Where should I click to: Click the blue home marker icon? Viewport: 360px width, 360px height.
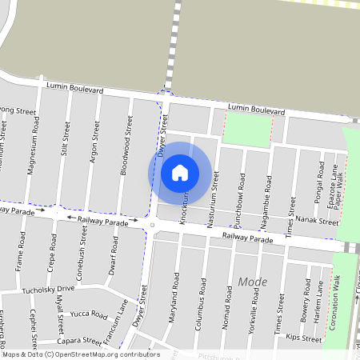[x=180, y=172]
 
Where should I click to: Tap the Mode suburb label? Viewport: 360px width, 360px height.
[x=253, y=282]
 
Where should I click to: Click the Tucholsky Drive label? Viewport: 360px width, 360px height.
[x=48, y=289]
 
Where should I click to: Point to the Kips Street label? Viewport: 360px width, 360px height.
[x=308, y=339]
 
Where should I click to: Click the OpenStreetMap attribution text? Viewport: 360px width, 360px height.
[x=80, y=354]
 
